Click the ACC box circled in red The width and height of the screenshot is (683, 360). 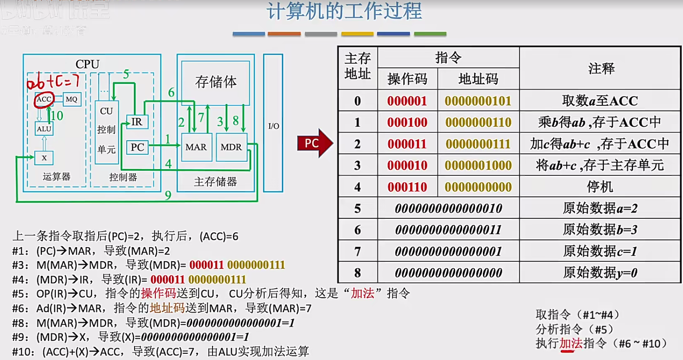(44, 99)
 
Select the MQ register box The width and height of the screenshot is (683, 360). (72, 99)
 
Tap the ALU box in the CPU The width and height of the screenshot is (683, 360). (44, 129)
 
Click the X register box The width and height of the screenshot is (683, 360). (44, 158)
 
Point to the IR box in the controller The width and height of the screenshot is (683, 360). (137, 122)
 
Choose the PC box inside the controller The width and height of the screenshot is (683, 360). (137, 147)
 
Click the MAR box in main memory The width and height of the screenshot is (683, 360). (196, 147)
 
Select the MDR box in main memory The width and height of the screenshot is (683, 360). (231, 147)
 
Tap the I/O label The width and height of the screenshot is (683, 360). (274, 126)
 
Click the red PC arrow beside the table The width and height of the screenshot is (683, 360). (314, 143)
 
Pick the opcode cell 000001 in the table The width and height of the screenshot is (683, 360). (407, 101)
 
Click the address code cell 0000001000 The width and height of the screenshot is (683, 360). (478, 166)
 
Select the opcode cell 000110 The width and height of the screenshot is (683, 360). (407, 187)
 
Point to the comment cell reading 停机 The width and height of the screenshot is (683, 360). (600, 187)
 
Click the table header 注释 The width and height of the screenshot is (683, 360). (601, 69)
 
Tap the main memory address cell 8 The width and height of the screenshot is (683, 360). (358, 273)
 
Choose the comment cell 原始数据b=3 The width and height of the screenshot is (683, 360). (600, 230)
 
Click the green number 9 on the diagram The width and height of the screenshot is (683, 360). (168, 195)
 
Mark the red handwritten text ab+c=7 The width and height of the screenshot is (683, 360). (53, 81)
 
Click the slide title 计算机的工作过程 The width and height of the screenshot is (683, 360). (344, 12)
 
